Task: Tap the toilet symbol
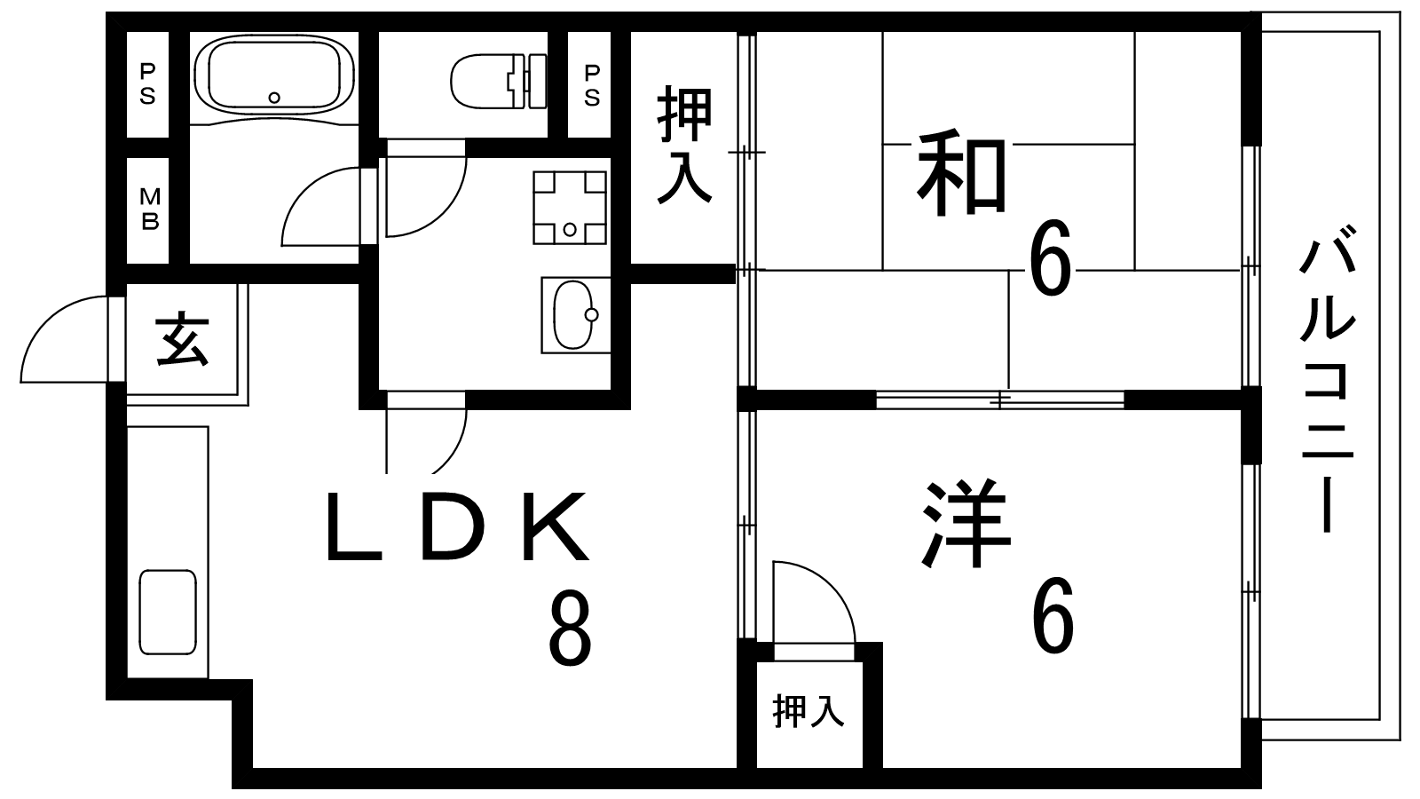499,81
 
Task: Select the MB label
150,209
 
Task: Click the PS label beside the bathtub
147,83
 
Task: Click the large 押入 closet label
684,146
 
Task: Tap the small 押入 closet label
809,711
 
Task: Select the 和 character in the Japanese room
962,172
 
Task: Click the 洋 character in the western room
966,525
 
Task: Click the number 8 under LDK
570,628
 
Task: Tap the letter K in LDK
556,526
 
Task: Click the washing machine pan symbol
570,208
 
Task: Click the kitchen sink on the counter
168,612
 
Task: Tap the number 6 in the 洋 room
1053,614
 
